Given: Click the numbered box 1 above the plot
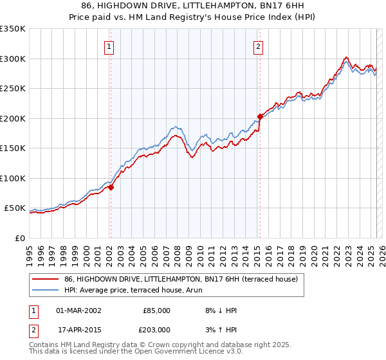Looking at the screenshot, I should pyautogui.click(x=110, y=46).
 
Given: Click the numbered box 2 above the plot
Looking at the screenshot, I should pyautogui.click(x=258, y=46).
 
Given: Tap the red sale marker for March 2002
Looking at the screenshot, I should pyautogui.click(x=111, y=188).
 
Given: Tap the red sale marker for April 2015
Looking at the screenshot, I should pyautogui.click(x=260, y=117).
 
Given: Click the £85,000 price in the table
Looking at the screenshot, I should pyautogui.click(x=156, y=310).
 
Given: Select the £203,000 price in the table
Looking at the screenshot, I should pyautogui.click(x=156, y=329).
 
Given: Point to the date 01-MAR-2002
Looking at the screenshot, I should pyautogui.click(x=78, y=310).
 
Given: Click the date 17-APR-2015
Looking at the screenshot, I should pyautogui.click(x=78, y=329).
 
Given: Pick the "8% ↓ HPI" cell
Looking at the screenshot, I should pyautogui.click(x=220, y=310).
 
